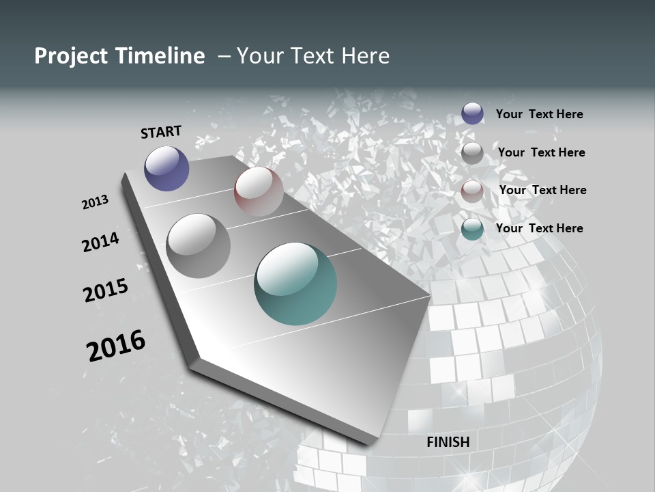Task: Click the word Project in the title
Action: point(70,56)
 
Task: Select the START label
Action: point(161,132)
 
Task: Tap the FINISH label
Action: point(448,442)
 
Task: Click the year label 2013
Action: point(96,202)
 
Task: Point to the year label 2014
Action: point(100,242)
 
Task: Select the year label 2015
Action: point(106,290)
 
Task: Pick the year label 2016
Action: point(116,345)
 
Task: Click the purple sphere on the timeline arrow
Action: point(166,169)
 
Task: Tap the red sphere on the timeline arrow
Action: point(259,191)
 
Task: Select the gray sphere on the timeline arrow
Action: point(198,246)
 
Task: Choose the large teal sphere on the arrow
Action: point(295,284)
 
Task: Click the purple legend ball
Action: point(472,113)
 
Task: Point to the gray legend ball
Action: point(472,153)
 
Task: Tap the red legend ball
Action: point(472,191)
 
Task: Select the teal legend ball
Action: point(472,228)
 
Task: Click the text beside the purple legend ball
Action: point(539,114)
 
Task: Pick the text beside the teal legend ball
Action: point(539,228)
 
